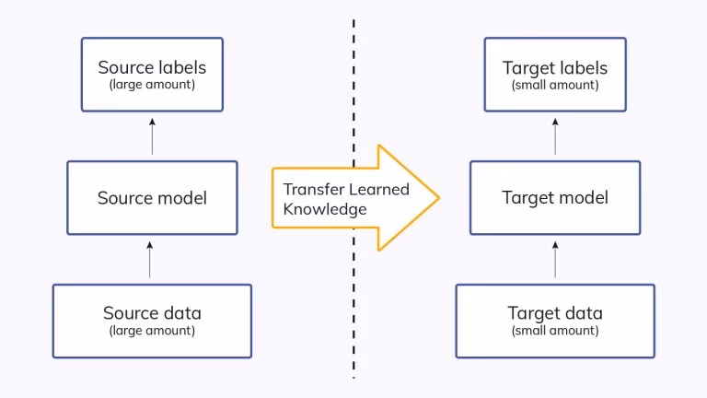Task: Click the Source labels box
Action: (x=152, y=75)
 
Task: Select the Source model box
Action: (x=152, y=198)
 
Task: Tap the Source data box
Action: (x=152, y=321)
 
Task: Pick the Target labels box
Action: (x=555, y=75)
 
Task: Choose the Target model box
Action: (x=555, y=198)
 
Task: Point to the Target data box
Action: (x=555, y=321)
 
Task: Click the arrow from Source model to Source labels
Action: (x=153, y=136)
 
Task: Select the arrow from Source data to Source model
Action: (x=153, y=259)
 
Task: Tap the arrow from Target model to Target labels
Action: (x=555, y=136)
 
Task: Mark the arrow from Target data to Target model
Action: (x=555, y=259)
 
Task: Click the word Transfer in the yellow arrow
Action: (x=311, y=189)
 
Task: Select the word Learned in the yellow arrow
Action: (x=377, y=189)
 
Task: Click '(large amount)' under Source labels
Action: (x=152, y=85)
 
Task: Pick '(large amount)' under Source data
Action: (x=152, y=330)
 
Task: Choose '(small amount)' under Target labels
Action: (x=555, y=85)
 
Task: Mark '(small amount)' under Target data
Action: (x=555, y=330)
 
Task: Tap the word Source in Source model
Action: (x=123, y=198)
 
